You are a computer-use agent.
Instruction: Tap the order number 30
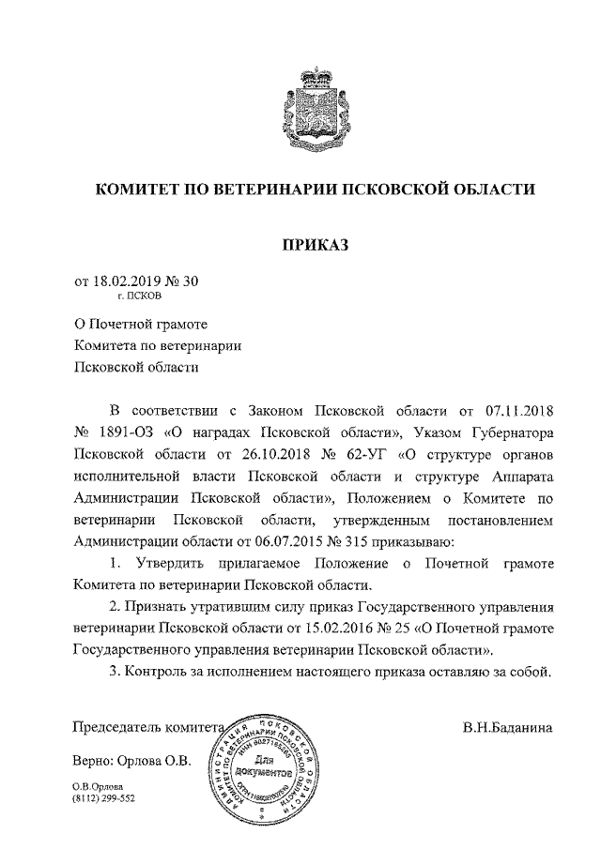pyautogui.click(x=191, y=280)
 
